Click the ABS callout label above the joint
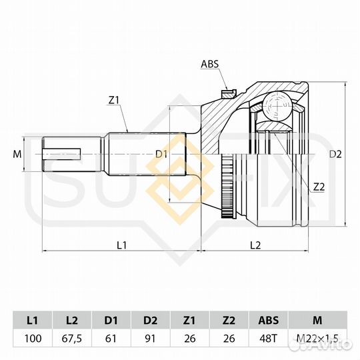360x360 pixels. (210, 64)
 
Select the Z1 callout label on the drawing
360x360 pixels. (113, 100)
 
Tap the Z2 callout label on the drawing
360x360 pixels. (319, 187)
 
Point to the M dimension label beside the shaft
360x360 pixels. (17, 154)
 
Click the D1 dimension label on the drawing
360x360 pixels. (161, 154)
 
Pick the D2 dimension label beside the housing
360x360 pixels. (335, 154)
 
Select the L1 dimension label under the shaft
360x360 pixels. (122, 245)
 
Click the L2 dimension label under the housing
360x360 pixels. (255, 245)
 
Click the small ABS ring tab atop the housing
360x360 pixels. (229, 94)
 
